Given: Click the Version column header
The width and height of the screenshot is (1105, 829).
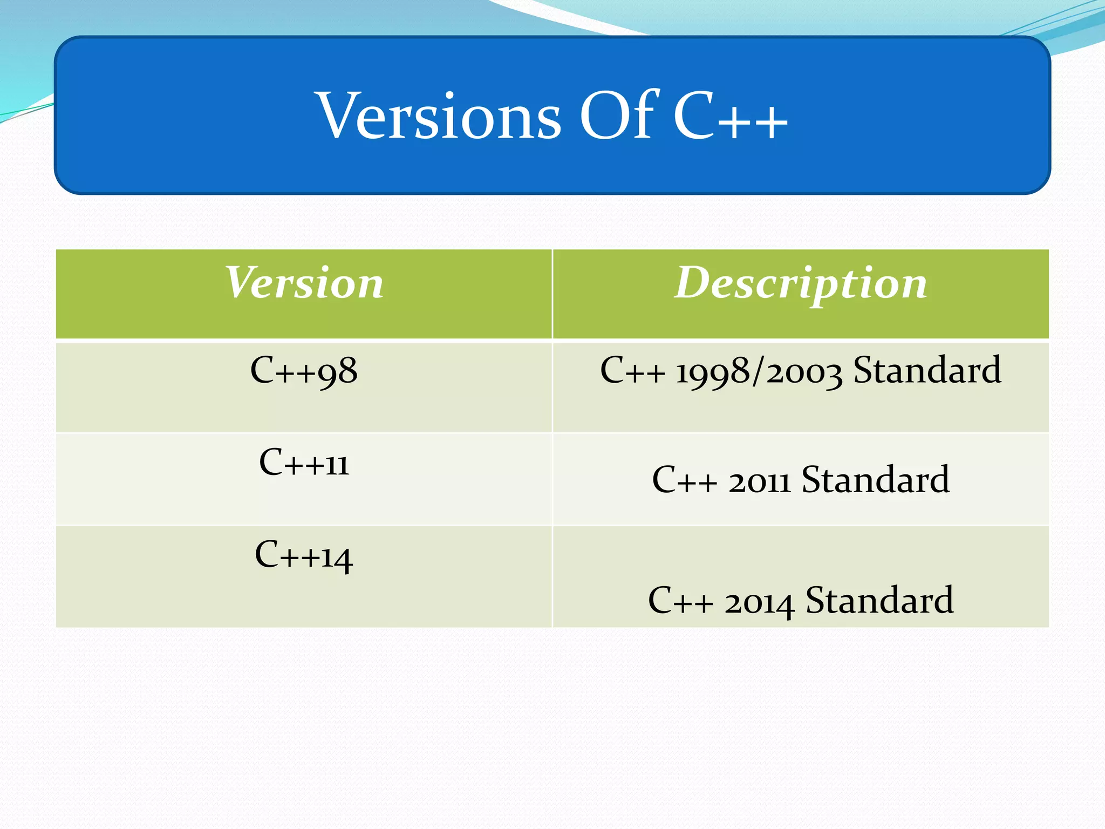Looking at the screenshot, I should pyautogui.click(x=304, y=283).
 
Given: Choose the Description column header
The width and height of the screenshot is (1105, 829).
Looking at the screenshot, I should pyautogui.click(x=801, y=283).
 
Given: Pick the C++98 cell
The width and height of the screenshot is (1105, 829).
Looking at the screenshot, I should pyautogui.click(x=304, y=371).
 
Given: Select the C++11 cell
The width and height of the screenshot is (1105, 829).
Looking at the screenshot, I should pyautogui.click(x=304, y=463).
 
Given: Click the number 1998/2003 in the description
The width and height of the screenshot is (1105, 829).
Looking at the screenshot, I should pyautogui.click(x=759, y=371).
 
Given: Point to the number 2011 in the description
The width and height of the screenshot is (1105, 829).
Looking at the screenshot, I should pyautogui.click(x=760, y=480).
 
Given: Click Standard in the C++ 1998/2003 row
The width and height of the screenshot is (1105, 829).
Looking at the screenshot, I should pyautogui.click(x=927, y=370).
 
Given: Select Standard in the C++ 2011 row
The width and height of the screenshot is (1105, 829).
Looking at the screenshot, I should pyautogui.click(x=875, y=479).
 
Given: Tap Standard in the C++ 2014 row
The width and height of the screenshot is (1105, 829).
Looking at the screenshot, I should pyautogui.click(x=879, y=600).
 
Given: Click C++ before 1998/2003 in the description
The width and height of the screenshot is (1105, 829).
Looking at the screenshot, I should pyautogui.click(x=632, y=371).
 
